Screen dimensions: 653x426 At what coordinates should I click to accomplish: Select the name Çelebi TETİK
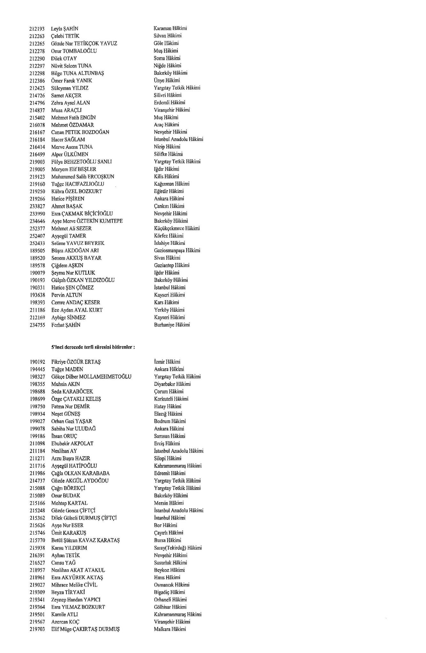pyautogui.click(x=65, y=36)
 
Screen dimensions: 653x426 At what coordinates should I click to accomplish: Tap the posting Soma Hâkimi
pyautogui.click(x=167, y=58)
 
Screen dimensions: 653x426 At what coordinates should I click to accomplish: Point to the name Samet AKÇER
pyautogui.click(x=66, y=95)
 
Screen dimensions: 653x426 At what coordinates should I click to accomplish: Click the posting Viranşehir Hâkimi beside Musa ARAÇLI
pyautogui.click(x=172, y=110)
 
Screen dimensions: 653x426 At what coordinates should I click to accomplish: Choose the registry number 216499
pyautogui.click(x=37, y=154)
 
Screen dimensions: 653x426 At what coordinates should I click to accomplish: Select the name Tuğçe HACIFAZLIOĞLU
pyautogui.click(x=78, y=184)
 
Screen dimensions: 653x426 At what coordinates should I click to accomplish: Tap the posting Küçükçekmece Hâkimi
pyautogui.click(x=177, y=228)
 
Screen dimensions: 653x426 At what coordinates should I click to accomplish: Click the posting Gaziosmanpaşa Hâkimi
pyautogui.click(x=177, y=250)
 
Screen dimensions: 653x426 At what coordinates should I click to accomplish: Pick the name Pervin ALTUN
pyautogui.click(x=67, y=295)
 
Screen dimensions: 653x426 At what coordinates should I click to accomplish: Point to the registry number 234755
pyautogui.click(x=37, y=325)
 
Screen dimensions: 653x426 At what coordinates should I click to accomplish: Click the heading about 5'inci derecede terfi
pyautogui.click(x=93, y=347)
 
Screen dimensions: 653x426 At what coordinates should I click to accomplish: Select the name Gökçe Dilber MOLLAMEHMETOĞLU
pyautogui.click(x=91, y=377)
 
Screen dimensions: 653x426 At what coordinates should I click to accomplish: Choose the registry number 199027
pyautogui.click(x=37, y=421)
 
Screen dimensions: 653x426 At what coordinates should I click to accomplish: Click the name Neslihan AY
pyautogui.click(x=64, y=451)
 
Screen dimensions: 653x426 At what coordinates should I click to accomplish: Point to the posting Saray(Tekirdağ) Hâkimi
pyautogui.click(x=178, y=548)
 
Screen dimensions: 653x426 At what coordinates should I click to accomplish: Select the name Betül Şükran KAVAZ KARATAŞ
pyautogui.click(x=86, y=540)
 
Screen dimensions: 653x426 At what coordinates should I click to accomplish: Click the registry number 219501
pyautogui.click(x=37, y=614)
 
